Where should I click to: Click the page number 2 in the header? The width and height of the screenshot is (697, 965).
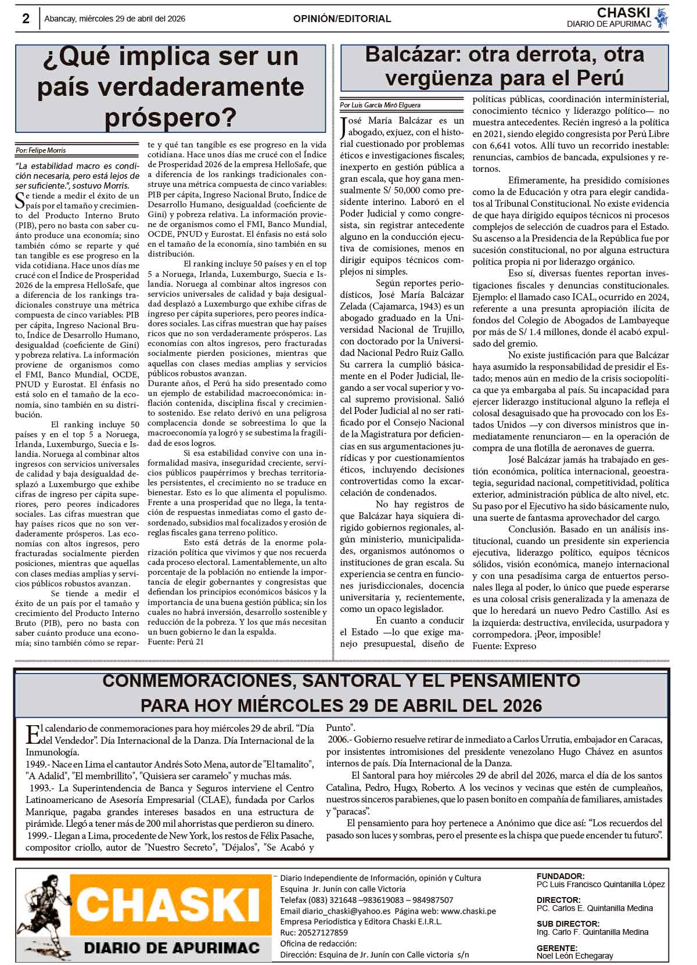(26, 19)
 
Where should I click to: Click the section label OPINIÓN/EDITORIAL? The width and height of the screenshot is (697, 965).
(342, 19)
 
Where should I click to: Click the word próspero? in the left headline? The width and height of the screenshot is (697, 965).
(170, 118)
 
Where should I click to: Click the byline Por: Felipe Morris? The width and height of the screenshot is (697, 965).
(41, 150)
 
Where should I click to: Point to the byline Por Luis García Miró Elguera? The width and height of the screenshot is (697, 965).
(380, 105)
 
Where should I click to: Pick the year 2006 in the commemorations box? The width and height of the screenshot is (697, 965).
(338, 740)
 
